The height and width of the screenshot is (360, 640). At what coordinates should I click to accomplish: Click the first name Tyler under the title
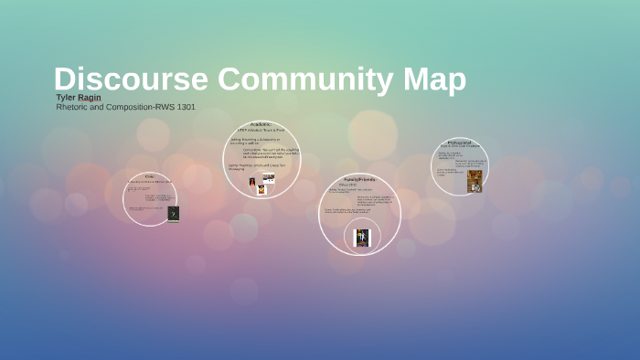[66, 98]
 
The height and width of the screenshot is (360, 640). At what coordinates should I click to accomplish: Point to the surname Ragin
[90, 98]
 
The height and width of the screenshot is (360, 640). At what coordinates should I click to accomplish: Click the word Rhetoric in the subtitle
[73, 107]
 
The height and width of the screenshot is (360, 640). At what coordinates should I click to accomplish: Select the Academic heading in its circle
[261, 124]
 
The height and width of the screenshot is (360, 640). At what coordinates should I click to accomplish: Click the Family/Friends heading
[360, 179]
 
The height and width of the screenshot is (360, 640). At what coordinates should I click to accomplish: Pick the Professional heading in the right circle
[460, 143]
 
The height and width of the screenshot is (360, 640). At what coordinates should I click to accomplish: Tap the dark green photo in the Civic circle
[173, 214]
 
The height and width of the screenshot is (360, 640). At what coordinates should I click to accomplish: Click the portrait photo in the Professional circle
[474, 181]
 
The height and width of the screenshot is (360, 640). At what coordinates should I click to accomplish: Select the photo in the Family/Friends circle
[362, 238]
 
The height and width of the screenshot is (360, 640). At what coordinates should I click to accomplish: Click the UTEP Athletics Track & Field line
[262, 131]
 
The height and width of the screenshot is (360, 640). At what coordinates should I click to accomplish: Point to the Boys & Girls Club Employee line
[460, 147]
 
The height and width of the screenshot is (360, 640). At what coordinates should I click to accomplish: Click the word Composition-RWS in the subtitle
[136, 107]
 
